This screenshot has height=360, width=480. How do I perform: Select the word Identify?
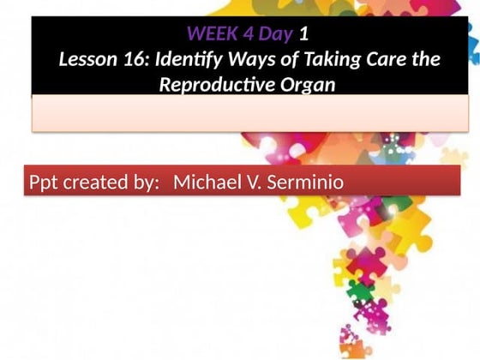[x=181, y=61]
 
